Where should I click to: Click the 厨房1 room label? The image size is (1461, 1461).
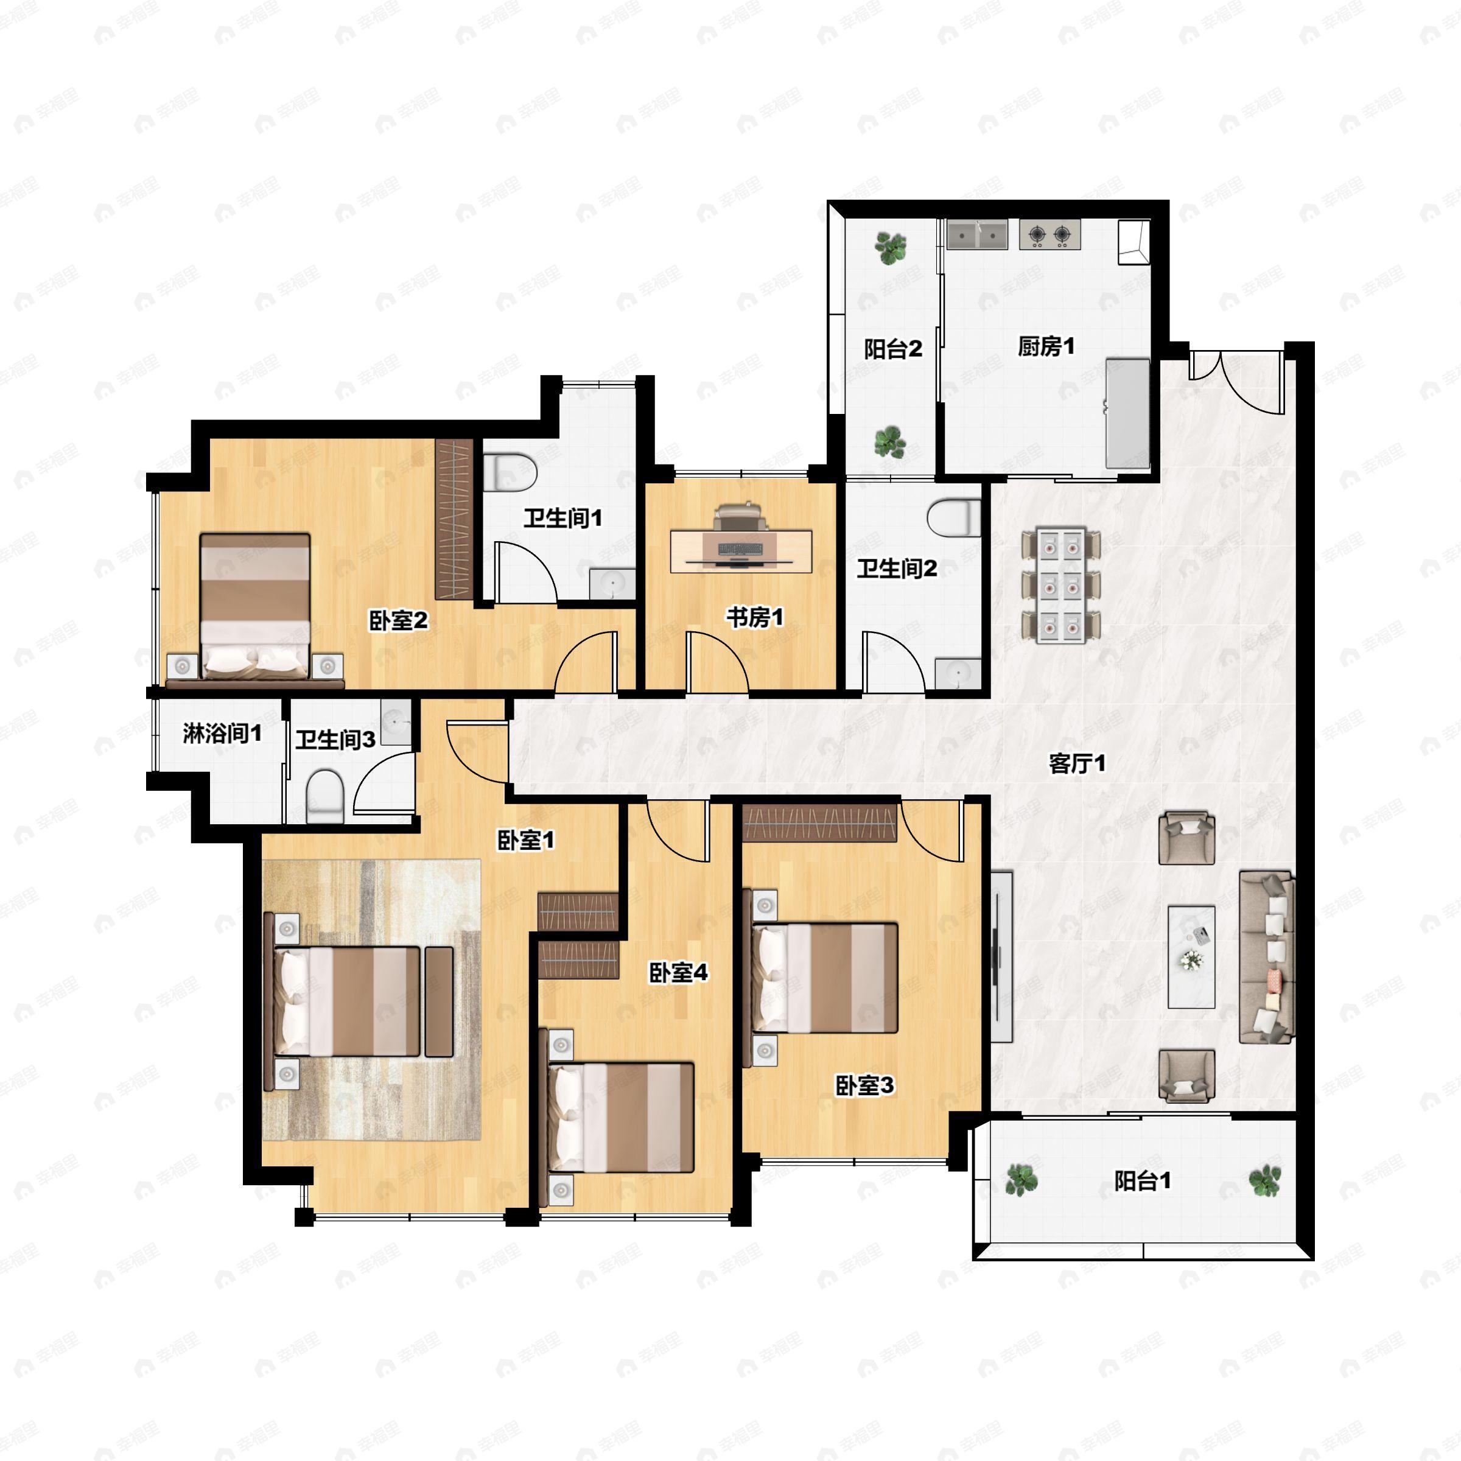[x=1046, y=346]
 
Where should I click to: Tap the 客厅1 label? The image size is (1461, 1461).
[x=1077, y=764]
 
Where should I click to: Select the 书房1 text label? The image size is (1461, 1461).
[x=755, y=617]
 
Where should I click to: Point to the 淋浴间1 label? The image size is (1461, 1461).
[x=222, y=733]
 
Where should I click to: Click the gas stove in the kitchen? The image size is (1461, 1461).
[x=1049, y=234]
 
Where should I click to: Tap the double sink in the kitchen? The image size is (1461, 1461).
[x=977, y=234]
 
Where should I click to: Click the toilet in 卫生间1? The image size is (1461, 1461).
[x=510, y=472]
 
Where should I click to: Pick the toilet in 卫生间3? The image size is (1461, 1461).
[x=325, y=796]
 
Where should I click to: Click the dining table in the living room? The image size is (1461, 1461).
[x=1061, y=585]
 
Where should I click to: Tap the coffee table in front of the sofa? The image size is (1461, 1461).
[x=1191, y=958]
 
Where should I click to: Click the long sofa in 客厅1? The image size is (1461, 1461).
[x=1267, y=958]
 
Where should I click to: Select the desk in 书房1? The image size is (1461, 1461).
[x=741, y=552]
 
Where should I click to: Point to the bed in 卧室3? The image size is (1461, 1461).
[x=824, y=978]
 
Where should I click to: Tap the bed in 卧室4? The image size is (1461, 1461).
[x=621, y=1118]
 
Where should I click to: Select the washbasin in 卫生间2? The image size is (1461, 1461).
[x=958, y=674]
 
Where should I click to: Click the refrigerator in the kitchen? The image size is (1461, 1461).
[x=1127, y=413]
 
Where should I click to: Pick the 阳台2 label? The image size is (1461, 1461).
[x=893, y=349]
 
